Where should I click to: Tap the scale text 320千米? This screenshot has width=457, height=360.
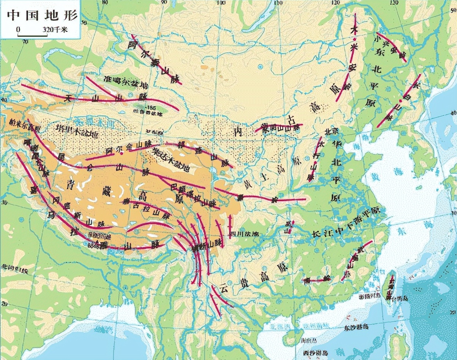coord(55,29)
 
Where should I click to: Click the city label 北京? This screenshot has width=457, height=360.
coord(329,130)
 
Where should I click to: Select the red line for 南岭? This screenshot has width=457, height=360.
coord(316,281)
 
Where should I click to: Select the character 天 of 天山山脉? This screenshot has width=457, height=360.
coord(68,98)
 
